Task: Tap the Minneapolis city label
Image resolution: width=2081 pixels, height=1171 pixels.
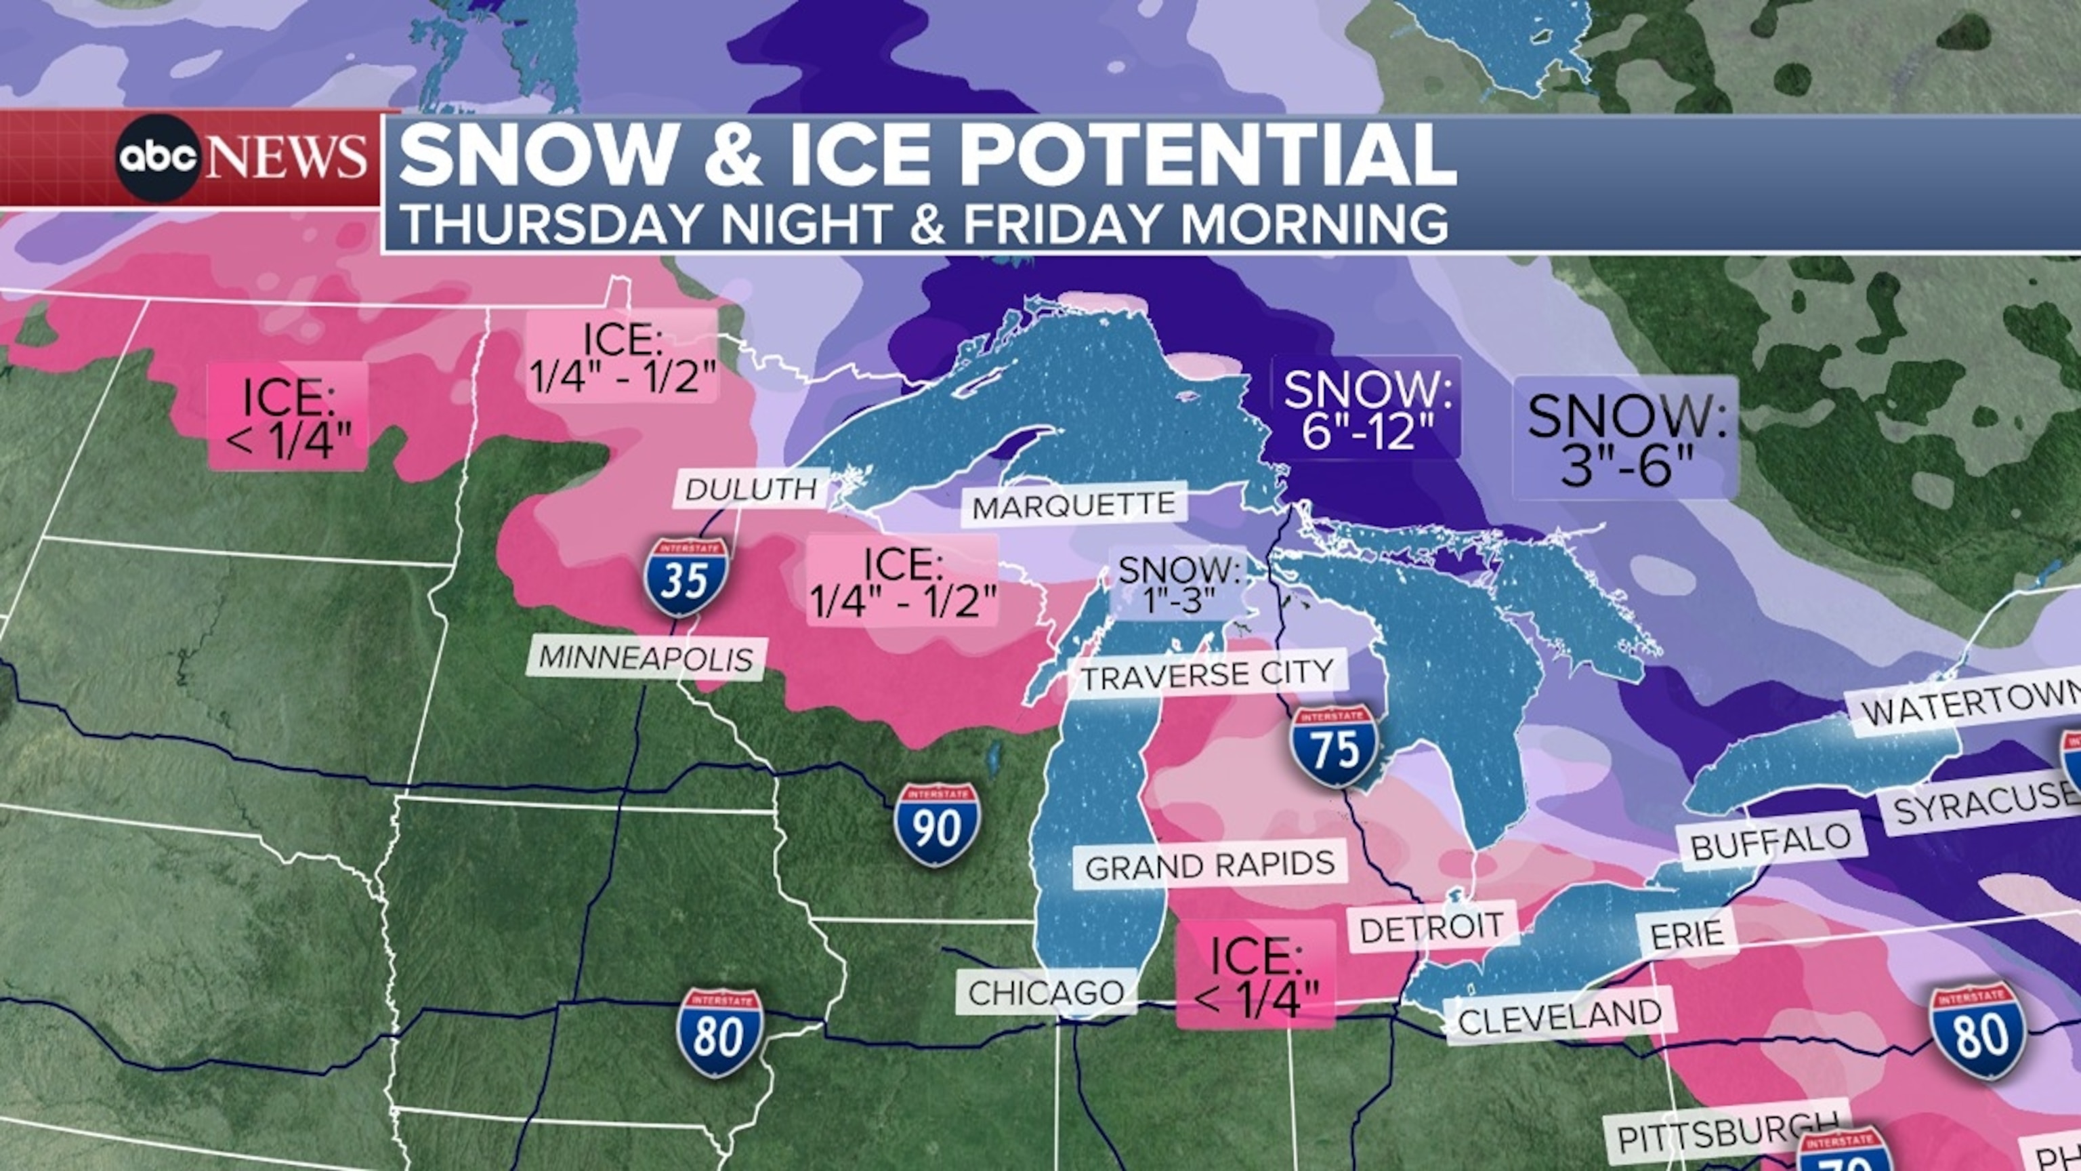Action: click(646, 659)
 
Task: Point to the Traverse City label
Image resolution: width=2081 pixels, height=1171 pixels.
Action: click(1207, 675)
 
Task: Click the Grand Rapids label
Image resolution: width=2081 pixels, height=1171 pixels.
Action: click(1209, 865)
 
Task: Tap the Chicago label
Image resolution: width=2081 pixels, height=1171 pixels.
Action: click(1046, 992)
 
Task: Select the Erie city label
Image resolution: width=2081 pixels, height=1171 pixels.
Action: click(1687, 935)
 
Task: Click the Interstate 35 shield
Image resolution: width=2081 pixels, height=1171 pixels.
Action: click(686, 577)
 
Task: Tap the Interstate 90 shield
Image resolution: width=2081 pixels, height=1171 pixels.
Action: click(937, 824)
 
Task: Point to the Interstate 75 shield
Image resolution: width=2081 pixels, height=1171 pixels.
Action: click(1334, 746)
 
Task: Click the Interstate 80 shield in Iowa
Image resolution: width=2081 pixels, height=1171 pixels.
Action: click(719, 1033)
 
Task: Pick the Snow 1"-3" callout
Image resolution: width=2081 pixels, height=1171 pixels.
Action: click(1179, 584)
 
